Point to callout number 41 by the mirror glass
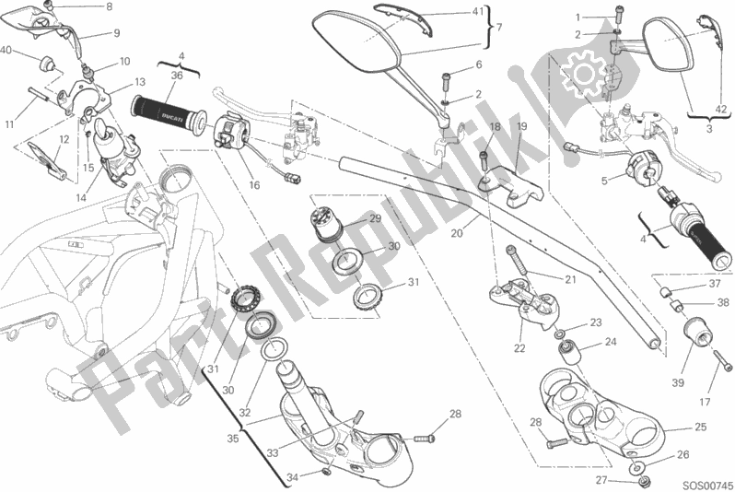click(450, 13)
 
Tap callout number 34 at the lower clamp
click(292, 477)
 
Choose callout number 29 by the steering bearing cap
click(375, 218)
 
